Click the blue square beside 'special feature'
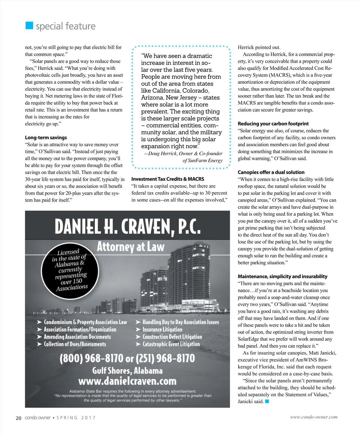pos(29,25)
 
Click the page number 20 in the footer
pos(19,418)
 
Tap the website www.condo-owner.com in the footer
pos(313,417)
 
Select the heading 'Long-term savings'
pos(46,137)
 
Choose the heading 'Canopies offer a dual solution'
pos(271,172)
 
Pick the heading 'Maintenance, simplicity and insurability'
pos(282,276)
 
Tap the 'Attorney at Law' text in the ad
pos(130,247)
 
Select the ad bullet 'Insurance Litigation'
pos(162,329)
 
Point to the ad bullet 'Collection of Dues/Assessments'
pos(75,344)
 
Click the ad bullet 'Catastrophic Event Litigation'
pos(171,344)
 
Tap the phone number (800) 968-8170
pos(91,358)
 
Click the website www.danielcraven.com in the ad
pos(127,381)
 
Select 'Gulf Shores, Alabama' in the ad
pos(127,370)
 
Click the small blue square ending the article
pos(267,401)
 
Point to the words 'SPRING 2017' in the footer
pos(76,418)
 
